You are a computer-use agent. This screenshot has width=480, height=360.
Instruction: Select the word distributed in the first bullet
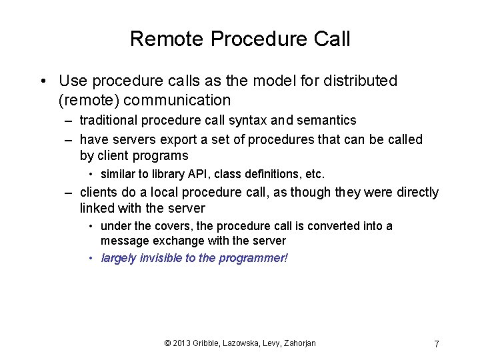click(359, 81)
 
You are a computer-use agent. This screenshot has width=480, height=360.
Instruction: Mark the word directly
click(416, 193)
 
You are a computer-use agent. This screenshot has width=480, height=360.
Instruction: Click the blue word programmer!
click(253, 258)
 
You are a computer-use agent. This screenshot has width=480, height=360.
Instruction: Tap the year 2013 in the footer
click(182, 343)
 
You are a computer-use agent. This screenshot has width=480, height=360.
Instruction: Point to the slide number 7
click(436, 344)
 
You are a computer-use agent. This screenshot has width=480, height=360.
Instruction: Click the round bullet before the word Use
click(43, 82)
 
